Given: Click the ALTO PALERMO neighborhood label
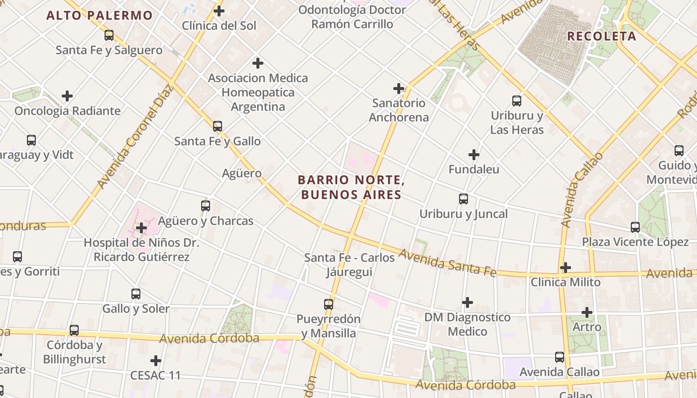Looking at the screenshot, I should pyautogui.click(x=100, y=15).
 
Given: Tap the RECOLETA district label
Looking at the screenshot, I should pyautogui.click(x=601, y=36).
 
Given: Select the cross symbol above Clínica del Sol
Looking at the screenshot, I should pyautogui.click(x=219, y=10).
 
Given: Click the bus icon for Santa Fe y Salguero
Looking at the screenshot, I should pyautogui.click(x=109, y=35).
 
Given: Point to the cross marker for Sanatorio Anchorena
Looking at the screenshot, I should pyautogui.click(x=399, y=89).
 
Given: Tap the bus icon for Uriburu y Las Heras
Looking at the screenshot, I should pyautogui.click(x=517, y=101).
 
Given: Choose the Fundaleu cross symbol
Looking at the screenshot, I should pyautogui.click(x=474, y=155).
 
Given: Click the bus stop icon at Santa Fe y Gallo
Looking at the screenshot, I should pyautogui.click(x=218, y=126).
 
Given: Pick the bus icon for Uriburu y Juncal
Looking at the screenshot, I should pyautogui.click(x=464, y=199).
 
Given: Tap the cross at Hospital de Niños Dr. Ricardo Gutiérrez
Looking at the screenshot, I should pyautogui.click(x=141, y=228).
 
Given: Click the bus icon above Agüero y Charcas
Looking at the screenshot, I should pyautogui.click(x=205, y=205).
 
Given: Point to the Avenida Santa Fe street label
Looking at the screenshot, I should pyautogui.click(x=447, y=263).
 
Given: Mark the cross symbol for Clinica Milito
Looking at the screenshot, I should pyautogui.click(x=565, y=268).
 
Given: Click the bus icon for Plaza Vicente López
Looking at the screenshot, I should pyautogui.click(x=635, y=227).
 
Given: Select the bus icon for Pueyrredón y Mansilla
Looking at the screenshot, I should pyautogui.click(x=329, y=304).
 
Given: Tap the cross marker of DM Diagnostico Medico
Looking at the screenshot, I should pyautogui.click(x=467, y=302).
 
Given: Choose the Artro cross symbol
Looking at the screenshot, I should pyautogui.click(x=587, y=312).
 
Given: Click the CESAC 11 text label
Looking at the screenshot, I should pyautogui.click(x=155, y=375).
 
